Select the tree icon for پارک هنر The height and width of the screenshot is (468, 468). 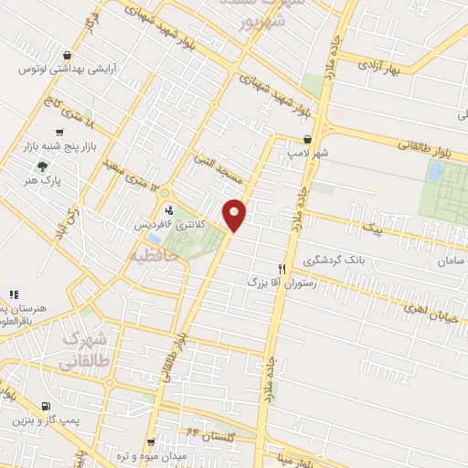click(41, 166)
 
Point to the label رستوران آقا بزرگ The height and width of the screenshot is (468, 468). click(280, 283)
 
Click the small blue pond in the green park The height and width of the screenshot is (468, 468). click(436, 171)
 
